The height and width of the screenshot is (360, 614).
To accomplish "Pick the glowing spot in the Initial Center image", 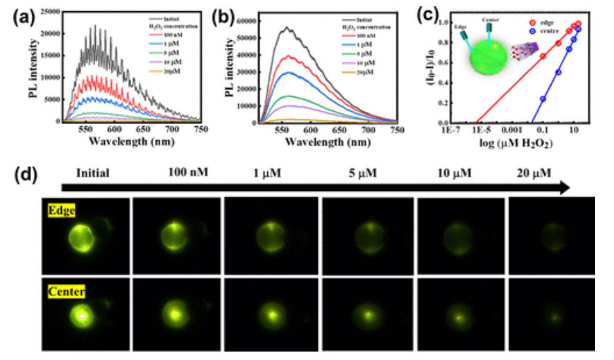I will (83, 316).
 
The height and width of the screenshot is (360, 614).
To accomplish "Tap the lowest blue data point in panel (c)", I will (544, 99).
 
